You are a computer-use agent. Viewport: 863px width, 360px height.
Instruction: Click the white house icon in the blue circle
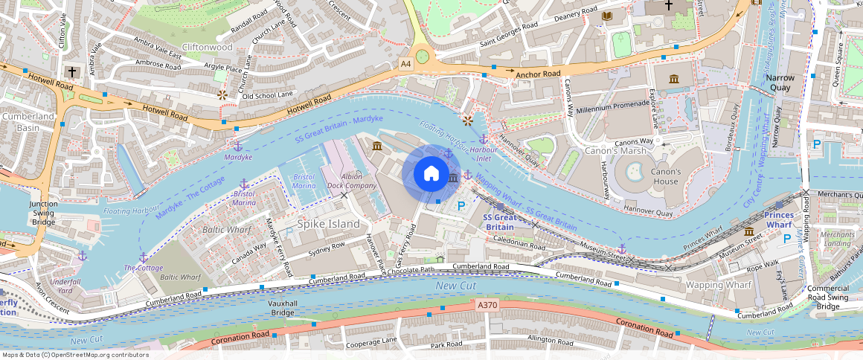coord(431,174)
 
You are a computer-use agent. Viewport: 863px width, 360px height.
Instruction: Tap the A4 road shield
coord(405,64)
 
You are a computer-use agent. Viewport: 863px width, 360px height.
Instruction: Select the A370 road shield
coord(486,306)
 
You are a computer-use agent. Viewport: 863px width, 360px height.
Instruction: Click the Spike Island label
coord(329,224)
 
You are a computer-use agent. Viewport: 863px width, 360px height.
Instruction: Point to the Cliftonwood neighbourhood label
coord(208,47)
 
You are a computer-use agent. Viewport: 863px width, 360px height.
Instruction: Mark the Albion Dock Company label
coord(351,181)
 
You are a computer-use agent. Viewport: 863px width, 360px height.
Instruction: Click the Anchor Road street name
coord(538,74)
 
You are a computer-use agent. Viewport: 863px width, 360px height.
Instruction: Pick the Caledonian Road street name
coord(519,244)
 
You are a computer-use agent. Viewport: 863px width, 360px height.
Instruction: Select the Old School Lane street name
coord(268,95)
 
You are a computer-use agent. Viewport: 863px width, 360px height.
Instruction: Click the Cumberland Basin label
coord(28,122)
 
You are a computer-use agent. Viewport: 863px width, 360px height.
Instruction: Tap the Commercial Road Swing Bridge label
coord(827,298)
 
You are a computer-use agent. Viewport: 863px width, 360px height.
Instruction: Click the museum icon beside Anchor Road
coord(674,79)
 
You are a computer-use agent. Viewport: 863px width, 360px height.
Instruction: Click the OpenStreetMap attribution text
coord(74,355)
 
